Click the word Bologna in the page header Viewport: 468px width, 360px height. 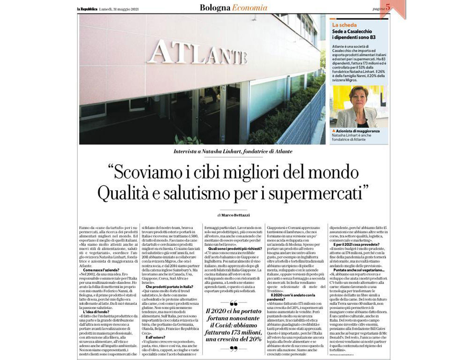[215, 7]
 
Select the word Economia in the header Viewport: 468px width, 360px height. [250, 7]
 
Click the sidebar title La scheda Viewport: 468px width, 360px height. [344, 24]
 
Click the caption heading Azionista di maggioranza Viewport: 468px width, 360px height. [358, 131]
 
